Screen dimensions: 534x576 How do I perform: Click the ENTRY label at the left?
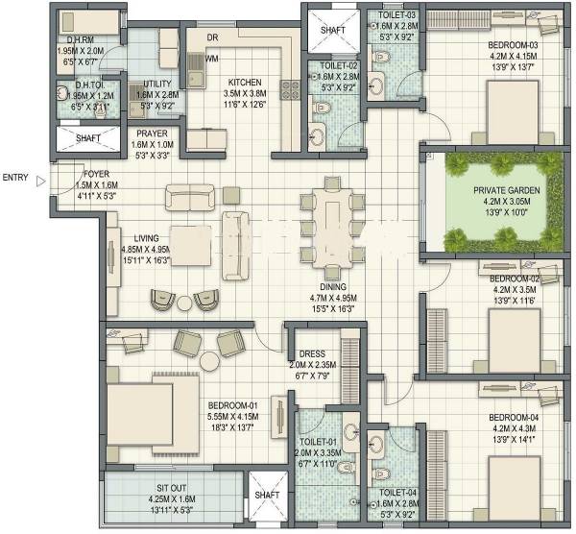click(x=16, y=178)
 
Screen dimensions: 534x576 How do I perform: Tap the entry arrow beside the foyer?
click(x=40, y=178)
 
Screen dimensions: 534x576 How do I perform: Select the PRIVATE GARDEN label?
click(x=506, y=190)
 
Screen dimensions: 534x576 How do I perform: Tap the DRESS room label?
click(x=310, y=353)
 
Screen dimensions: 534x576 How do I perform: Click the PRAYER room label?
click(x=152, y=133)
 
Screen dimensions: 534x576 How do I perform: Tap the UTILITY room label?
click(x=156, y=85)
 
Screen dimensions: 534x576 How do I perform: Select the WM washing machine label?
click(x=210, y=59)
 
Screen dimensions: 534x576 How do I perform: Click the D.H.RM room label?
click(x=73, y=38)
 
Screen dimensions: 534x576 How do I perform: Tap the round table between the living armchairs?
click(x=184, y=303)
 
